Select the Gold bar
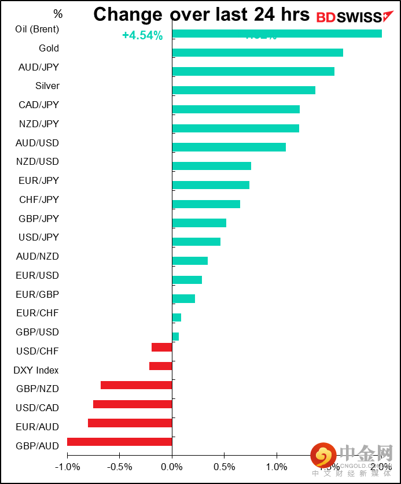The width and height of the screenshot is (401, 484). [x=257, y=53]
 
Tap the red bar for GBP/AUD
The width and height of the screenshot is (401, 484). [x=120, y=442]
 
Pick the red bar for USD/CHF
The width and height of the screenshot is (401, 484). [x=162, y=347]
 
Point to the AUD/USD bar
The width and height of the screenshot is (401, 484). [x=229, y=147]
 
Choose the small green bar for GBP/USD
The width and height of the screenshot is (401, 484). [x=175, y=337]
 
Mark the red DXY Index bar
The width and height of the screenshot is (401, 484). [x=161, y=366]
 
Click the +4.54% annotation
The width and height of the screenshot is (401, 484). [x=142, y=36]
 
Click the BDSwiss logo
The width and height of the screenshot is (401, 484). [x=350, y=17]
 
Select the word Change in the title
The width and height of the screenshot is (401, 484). [x=128, y=14]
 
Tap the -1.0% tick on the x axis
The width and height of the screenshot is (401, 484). [x=67, y=467]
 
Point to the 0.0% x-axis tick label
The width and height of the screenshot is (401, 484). [x=172, y=467]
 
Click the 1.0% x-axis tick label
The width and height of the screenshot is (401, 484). [x=277, y=467]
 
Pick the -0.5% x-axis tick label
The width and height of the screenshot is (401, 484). [x=120, y=467]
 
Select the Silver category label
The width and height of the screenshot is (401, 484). [x=47, y=86]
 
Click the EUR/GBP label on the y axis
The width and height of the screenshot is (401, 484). [x=38, y=294]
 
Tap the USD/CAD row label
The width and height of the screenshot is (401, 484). [x=38, y=408]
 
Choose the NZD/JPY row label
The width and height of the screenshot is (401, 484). [x=38, y=124]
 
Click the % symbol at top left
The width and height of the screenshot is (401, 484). [x=58, y=14]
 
